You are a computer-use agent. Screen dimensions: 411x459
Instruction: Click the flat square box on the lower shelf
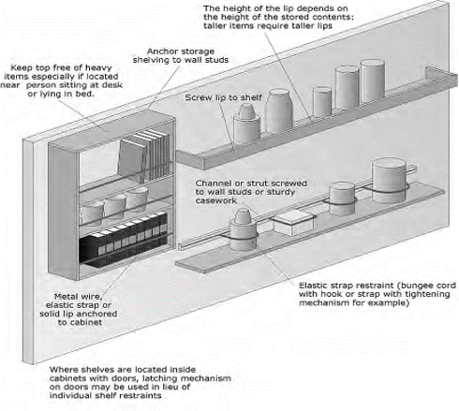[x=291, y=222]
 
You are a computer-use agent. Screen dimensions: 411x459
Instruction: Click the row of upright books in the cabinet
[x=144, y=152]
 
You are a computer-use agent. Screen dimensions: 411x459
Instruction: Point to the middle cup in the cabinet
[x=117, y=204]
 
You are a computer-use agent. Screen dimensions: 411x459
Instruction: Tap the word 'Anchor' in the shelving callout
[x=167, y=51]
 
